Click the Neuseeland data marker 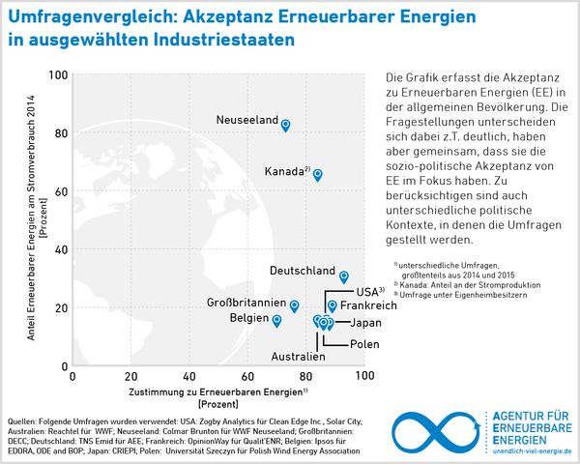(285, 125)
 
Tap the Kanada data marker (317, 174)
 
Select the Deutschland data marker (344, 276)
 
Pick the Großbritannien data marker (294, 305)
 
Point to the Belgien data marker (276, 320)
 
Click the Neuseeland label (247, 120)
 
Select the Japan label (364, 323)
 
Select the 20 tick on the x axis (131, 377)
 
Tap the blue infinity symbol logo (440, 429)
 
